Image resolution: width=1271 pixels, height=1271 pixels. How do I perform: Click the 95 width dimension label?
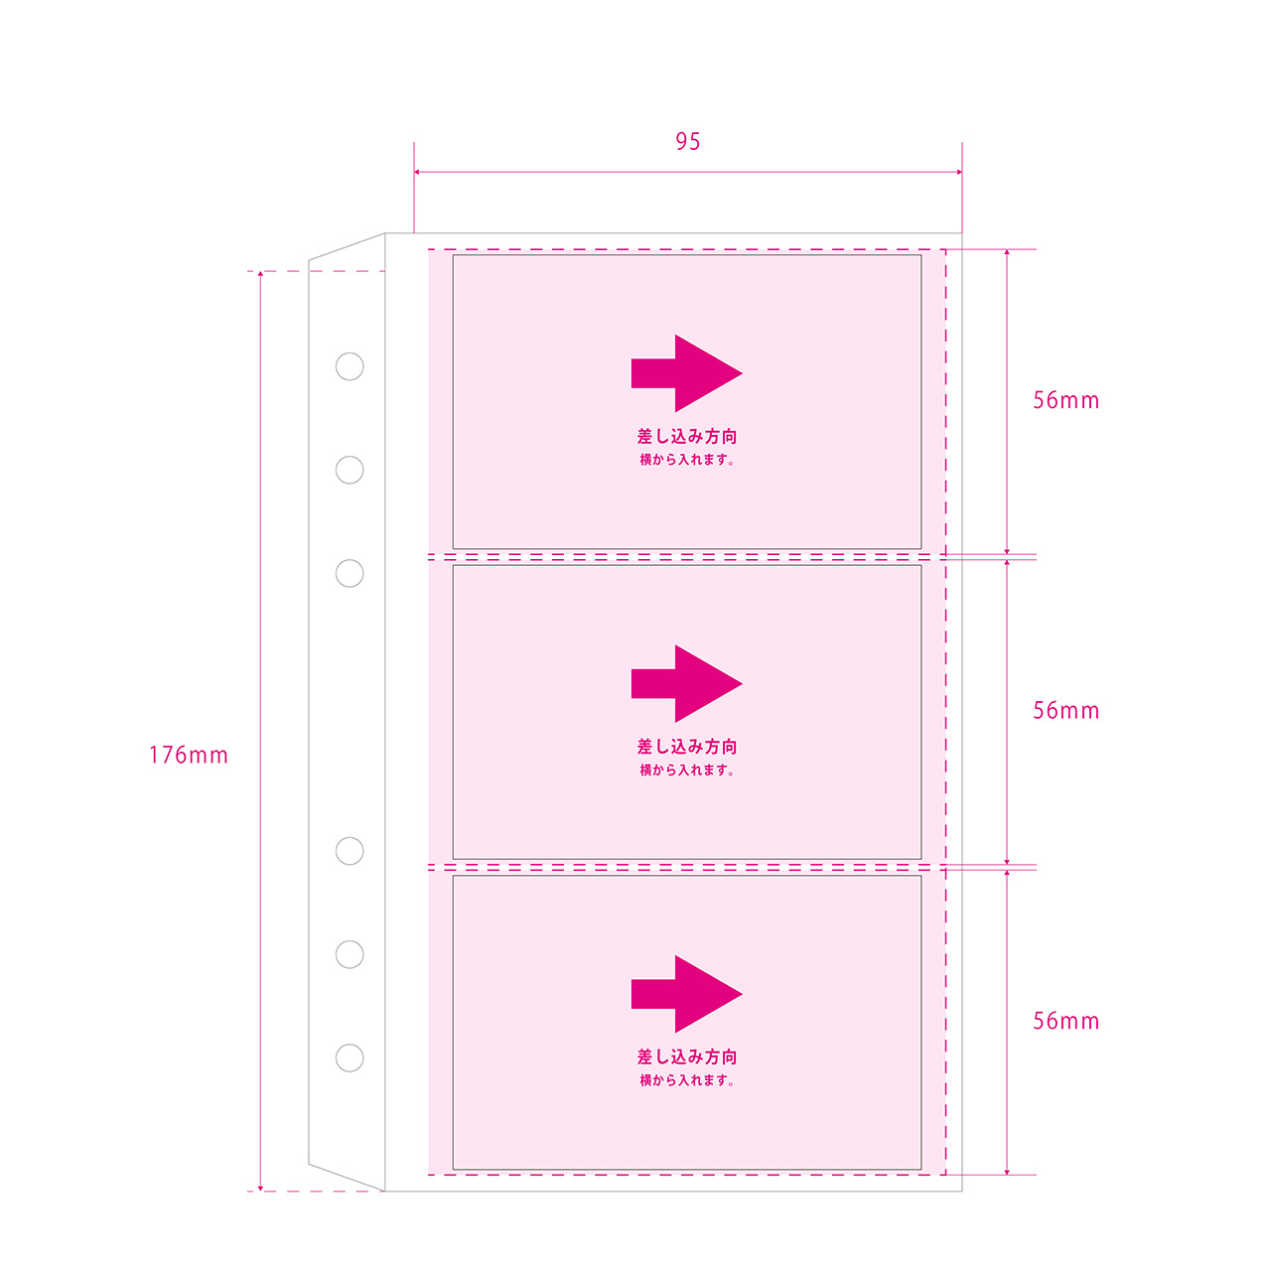687,141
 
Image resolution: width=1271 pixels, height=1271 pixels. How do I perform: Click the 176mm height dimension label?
189,756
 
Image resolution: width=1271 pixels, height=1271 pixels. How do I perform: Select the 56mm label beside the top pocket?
1065,400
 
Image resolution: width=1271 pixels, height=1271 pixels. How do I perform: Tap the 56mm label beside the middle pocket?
1065,710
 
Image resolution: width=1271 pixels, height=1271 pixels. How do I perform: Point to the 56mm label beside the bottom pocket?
1065,1021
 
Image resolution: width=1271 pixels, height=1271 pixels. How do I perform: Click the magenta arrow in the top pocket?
686,373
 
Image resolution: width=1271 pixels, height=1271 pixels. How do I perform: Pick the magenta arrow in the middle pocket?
686,684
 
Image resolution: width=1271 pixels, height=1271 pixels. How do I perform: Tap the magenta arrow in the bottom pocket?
686,994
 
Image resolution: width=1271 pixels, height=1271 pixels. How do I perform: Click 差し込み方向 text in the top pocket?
686,436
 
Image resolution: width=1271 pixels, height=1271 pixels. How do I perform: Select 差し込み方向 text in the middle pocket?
686,747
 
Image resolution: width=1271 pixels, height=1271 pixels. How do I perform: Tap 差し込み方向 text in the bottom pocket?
686,1057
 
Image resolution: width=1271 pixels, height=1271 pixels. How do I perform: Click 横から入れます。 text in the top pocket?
686,460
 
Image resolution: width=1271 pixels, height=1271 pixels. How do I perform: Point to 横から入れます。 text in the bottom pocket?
686,1080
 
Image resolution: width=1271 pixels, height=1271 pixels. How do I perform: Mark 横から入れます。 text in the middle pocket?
686,770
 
